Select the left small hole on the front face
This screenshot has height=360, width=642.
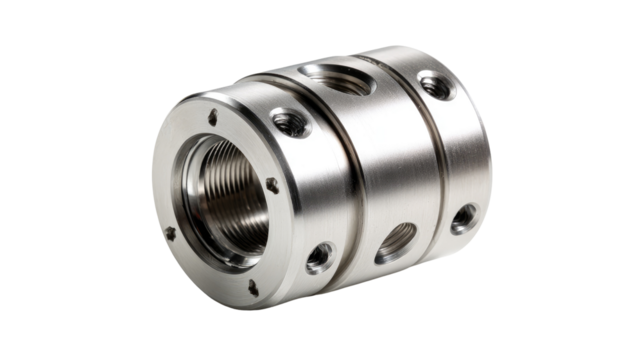pyautogui.click(x=170, y=233)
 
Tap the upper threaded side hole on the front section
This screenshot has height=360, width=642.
pyautogui.click(x=291, y=123)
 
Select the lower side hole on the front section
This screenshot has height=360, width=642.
pyautogui.click(x=319, y=256)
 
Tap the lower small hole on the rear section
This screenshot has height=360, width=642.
pyautogui.click(x=463, y=217)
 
